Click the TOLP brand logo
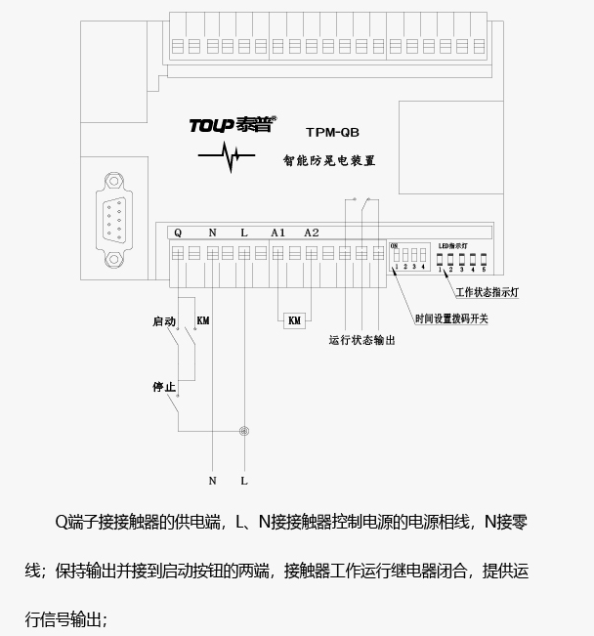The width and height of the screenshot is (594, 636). tap(233, 125)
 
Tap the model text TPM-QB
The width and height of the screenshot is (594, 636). tap(333, 132)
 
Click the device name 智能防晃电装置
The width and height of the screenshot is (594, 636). tap(328, 159)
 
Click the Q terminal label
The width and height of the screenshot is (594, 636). tap(178, 233)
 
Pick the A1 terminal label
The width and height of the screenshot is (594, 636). tap(277, 233)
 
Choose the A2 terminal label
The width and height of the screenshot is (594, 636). tap(312, 233)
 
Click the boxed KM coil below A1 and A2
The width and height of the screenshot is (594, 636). tap(294, 320)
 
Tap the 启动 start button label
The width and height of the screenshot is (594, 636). tap(164, 320)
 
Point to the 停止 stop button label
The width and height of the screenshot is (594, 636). tap(164, 387)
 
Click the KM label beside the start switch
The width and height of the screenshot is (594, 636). tap(203, 320)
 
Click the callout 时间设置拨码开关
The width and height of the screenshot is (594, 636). tap(451, 318)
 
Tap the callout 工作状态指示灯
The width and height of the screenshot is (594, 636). tap(492, 292)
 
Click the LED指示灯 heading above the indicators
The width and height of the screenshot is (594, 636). tap(452, 245)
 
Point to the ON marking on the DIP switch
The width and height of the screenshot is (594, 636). tap(394, 244)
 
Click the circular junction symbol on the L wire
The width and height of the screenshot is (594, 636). tap(244, 430)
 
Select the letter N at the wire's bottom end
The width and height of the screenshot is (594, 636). tap(212, 481)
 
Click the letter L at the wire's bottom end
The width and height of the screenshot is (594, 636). tap(244, 481)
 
